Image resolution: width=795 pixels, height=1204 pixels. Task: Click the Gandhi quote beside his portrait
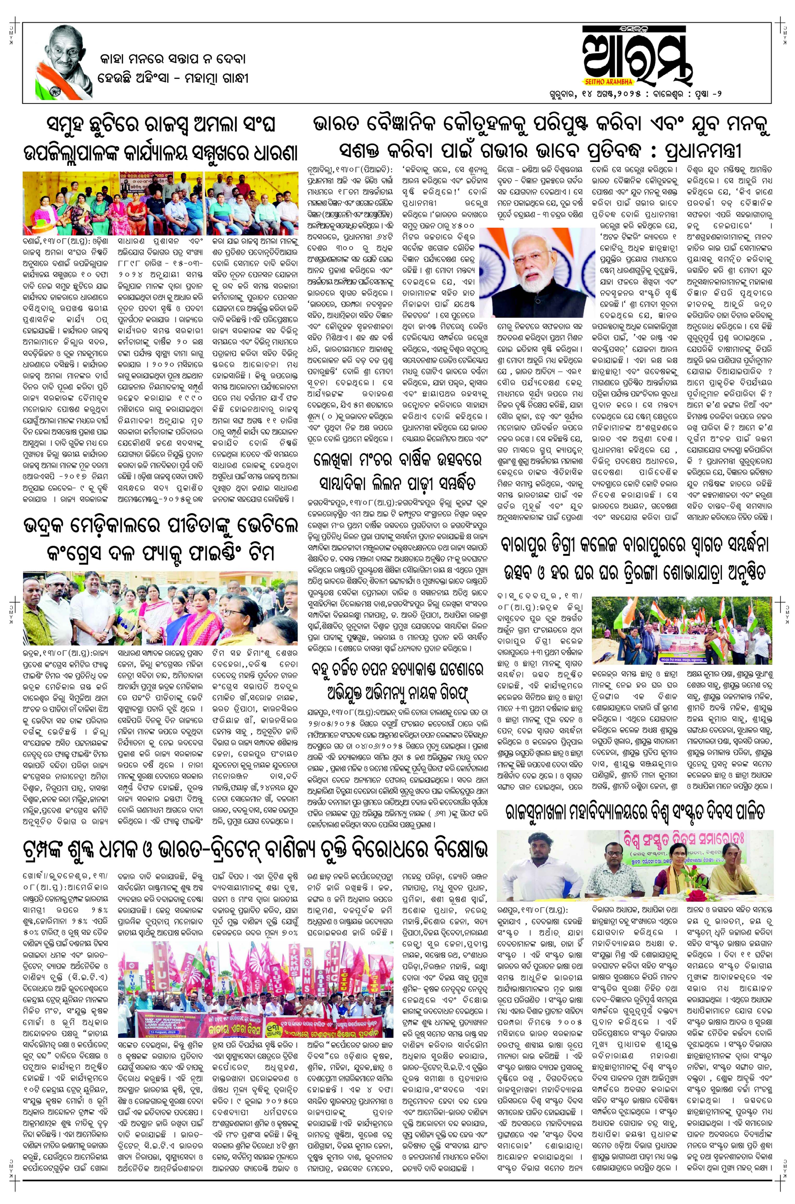click(x=172, y=69)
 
